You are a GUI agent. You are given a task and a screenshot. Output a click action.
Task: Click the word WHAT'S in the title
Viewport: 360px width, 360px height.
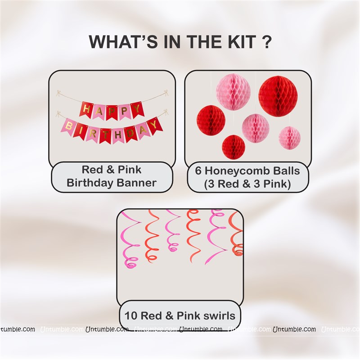pos(123,41)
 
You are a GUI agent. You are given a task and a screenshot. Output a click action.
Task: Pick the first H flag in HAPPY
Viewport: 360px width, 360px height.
pos(86,109)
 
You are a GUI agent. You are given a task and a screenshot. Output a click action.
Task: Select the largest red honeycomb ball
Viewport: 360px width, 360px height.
pos(278,96)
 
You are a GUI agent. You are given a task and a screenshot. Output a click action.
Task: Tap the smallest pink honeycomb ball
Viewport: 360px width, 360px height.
pos(289,138)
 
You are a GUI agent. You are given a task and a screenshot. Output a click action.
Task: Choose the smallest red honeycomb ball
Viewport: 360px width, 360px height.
pos(234,147)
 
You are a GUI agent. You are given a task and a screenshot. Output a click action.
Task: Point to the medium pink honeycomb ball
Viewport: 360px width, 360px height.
pos(255,128)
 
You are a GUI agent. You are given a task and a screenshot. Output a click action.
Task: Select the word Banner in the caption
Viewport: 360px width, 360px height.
pos(136,183)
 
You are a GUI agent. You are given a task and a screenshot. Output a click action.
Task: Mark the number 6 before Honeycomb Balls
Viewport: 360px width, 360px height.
pos(198,171)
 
